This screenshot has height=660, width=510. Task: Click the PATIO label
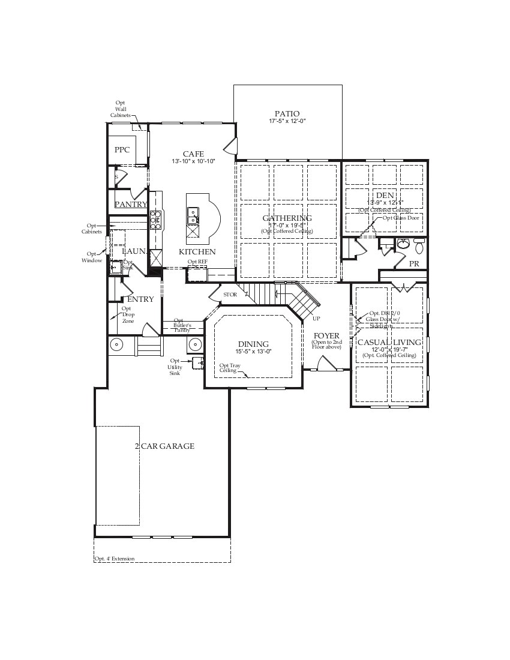pyautogui.click(x=287, y=114)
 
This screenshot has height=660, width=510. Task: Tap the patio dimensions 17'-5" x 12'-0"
pyautogui.click(x=287, y=122)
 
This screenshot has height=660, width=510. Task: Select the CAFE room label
pyautogui.click(x=193, y=154)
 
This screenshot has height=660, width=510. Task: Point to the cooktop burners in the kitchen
pyautogui.click(x=155, y=220)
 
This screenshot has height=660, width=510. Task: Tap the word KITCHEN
pyautogui.click(x=197, y=252)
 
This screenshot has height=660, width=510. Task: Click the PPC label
pyautogui.click(x=122, y=150)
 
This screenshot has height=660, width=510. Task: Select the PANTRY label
pyautogui.click(x=131, y=205)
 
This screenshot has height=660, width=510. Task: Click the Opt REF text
pyautogui.click(x=197, y=262)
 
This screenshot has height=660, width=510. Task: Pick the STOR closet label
pyautogui.click(x=230, y=295)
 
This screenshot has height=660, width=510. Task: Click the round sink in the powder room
pyautogui.click(x=403, y=244)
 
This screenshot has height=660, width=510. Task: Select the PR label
pyautogui.click(x=414, y=264)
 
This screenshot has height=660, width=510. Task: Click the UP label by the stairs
pyautogui.click(x=316, y=319)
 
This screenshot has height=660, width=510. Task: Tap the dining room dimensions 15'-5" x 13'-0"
pyautogui.click(x=253, y=352)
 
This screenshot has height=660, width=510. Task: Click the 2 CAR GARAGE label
pyautogui.click(x=164, y=446)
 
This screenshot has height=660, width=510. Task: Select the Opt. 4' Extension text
pyautogui.click(x=114, y=559)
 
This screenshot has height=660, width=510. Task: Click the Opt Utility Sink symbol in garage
pyautogui.click(x=197, y=362)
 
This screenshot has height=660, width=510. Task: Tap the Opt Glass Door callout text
pyautogui.click(x=402, y=218)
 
